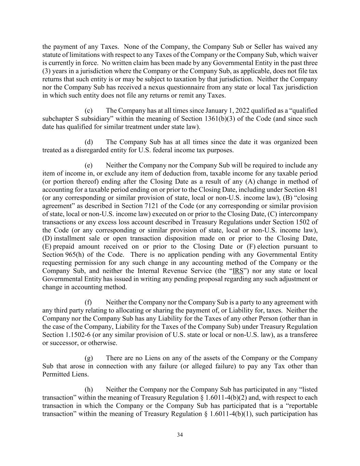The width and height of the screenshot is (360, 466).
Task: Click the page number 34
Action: tap(180, 435)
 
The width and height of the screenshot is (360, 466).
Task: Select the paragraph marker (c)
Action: tap(88, 111)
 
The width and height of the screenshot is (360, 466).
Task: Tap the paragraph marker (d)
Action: tap(88, 142)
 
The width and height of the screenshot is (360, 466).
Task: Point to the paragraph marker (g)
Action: tap(88, 358)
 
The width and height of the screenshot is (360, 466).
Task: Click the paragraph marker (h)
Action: tap(88, 390)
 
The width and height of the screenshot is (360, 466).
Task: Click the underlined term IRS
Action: tap(238, 271)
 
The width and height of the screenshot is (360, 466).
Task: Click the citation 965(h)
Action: tap(79, 255)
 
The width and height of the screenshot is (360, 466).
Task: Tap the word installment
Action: tap(68, 238)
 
